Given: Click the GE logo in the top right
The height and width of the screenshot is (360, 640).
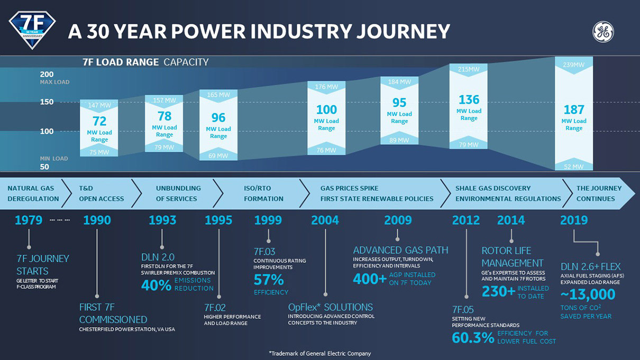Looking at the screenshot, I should point(603,32).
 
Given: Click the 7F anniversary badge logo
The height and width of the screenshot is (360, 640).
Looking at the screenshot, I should point(32,29).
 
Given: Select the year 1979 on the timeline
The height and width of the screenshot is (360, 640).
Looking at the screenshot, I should point(29,220).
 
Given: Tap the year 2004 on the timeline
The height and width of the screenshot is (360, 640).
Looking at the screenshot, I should point(325,220).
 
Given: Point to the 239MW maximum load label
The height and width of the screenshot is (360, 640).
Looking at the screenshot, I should point(574,65).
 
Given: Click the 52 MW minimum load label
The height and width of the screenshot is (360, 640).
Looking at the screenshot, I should point(574,167).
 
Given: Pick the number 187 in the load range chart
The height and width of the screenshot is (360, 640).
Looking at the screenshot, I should point(574,110).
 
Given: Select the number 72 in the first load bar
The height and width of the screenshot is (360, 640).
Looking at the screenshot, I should point(99,121).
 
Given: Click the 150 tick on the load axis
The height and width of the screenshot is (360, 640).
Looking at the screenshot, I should point(47,102).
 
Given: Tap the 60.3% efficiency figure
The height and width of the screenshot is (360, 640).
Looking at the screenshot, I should point(473,338).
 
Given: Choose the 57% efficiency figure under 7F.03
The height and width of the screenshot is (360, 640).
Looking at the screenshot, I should point(269,280).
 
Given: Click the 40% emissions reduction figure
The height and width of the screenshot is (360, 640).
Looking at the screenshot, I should point(156,285).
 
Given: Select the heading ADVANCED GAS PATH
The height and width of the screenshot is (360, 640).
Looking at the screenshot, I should point(400,251).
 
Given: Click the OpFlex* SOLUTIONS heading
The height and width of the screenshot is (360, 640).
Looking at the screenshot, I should point(330,307).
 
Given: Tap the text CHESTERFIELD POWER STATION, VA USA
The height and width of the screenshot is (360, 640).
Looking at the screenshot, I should point(127,329).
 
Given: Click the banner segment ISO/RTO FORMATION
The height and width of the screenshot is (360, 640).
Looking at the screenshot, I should point(263,193).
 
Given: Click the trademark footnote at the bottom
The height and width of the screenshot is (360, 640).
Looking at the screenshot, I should point(320,353).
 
